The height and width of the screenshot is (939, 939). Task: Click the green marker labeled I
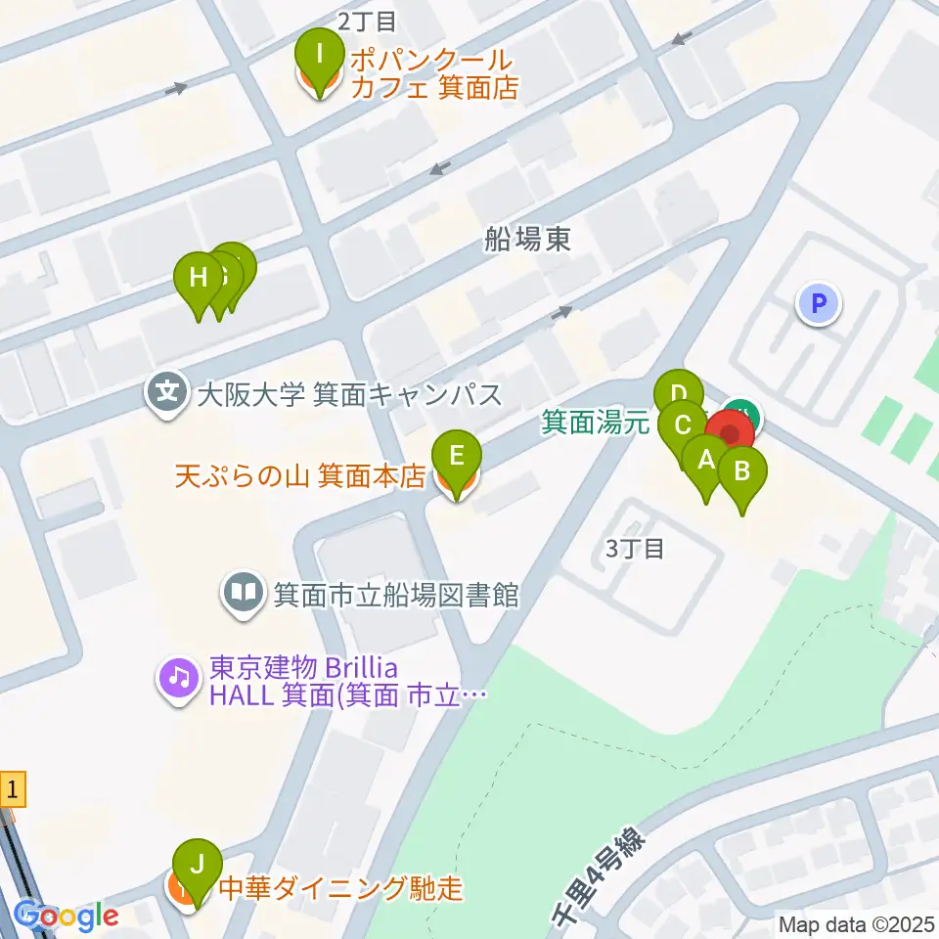[318, 57]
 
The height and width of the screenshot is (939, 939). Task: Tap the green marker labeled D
[678, 396]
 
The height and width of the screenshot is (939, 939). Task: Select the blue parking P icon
[819, 303]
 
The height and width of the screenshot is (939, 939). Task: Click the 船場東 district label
[527, 240]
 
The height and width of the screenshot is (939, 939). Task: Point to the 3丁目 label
[635, 549]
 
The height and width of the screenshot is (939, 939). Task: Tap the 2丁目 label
[367, 20]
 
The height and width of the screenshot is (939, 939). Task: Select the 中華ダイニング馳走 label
[339, 888]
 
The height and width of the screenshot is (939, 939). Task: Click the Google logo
[67, 917]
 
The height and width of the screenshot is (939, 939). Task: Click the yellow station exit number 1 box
[12, 788]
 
